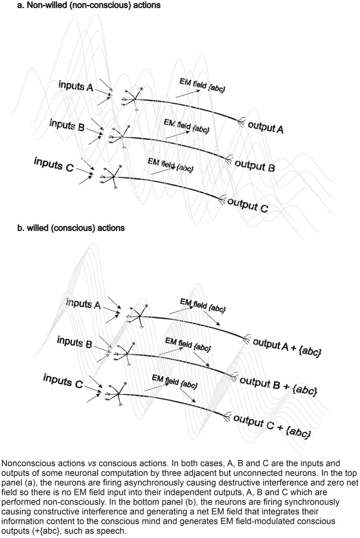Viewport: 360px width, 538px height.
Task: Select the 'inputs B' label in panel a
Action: pyautogui.click(x=67, y=125)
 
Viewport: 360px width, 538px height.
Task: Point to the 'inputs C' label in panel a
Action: pyautogui.click(x=54, y=164)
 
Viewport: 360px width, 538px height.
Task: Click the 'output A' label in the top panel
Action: pyautogui.click(x=266, y=126)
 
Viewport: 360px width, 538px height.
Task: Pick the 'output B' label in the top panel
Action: pyautogui.click(x=254, y=165)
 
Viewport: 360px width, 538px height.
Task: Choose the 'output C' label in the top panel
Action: pyautogui.click(x=247, y=205)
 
